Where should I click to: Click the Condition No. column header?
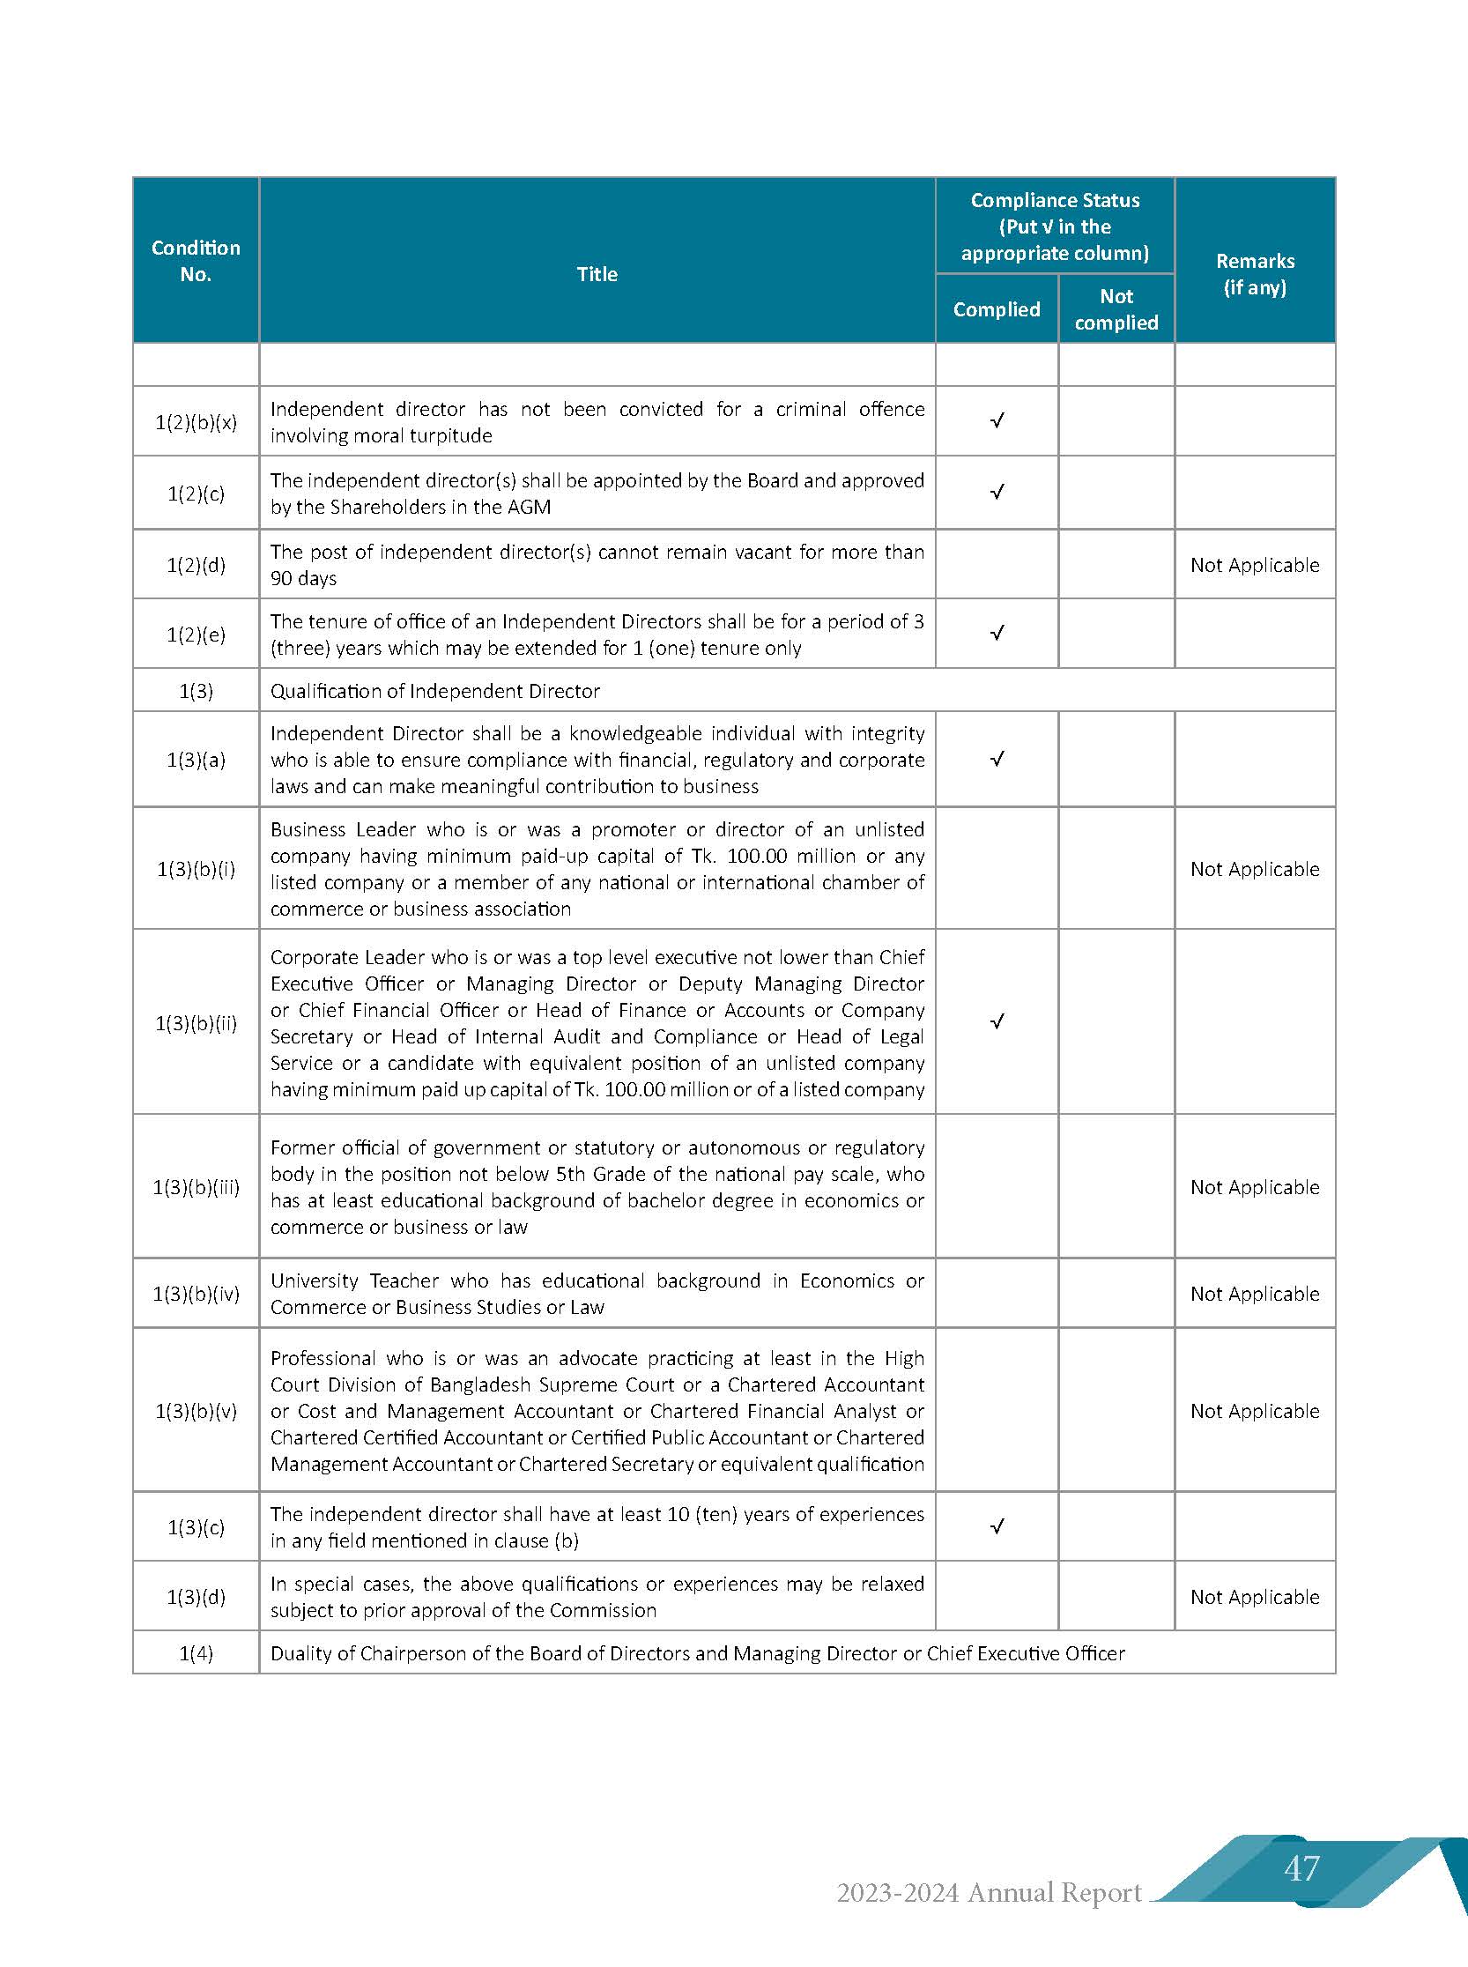point(196,261)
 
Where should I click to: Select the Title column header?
point(597,274)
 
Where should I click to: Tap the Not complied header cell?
point(1116,309)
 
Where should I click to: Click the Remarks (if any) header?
point(1255,274)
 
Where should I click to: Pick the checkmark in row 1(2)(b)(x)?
point(997,420)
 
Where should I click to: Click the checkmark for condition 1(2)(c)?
point(997,492)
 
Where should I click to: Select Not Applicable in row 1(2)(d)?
point(1255,565)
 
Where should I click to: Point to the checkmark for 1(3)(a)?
point(997,759)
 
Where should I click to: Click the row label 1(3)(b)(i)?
point(196,868)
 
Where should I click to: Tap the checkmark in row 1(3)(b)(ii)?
point(997,1021)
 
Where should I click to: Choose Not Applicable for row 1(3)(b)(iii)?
point(1255,1187)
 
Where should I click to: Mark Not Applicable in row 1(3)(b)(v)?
point(1255,1411)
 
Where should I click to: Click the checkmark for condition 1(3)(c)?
point(997,1526)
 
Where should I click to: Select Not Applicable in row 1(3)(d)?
point(1255,1596)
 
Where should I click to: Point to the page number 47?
point(1301,1868)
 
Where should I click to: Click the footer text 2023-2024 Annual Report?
point(988,1893)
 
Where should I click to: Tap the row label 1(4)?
point(196,1653)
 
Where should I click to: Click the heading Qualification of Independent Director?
point(434,691)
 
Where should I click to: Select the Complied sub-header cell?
point(996,309)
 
